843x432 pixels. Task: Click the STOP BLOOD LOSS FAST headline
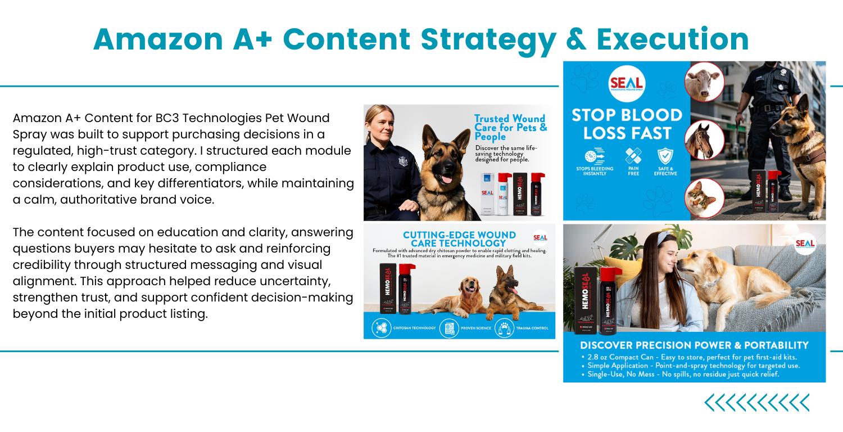pos(627,124)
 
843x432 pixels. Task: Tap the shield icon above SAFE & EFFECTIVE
pos(665,155)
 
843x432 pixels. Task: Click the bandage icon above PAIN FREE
pos(633,155)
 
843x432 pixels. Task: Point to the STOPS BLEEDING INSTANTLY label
pos(594,171)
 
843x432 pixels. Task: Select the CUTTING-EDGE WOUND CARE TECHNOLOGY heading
pos(459,238)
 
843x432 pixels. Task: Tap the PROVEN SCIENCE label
pos(475,327)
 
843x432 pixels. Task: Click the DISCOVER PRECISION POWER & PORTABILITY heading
pos(694,345)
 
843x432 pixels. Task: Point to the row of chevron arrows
pos(757,403)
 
